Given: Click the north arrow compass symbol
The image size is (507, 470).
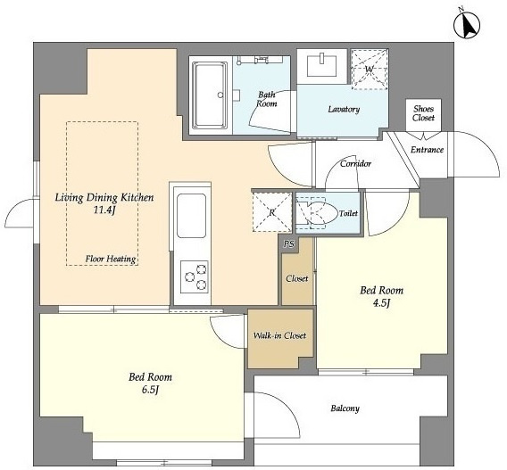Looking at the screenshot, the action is pos(467,25).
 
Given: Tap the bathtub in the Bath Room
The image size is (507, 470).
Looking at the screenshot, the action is pos(210,95).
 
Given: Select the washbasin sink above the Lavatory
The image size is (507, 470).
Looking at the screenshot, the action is pos(321,64).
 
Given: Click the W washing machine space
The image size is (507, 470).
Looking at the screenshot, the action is pos(370,70).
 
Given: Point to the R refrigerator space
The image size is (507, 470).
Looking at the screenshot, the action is pos(272,212).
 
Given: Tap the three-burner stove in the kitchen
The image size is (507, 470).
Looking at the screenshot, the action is pos(194,276).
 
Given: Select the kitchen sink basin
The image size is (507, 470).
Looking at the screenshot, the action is pos(191,216).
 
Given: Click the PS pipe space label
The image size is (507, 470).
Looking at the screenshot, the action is pos(289,243).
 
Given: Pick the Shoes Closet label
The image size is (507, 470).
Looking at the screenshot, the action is pos(423,113).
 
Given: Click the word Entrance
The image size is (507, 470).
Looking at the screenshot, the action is pos(427,150).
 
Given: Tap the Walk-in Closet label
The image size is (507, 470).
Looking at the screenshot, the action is pos(279,335).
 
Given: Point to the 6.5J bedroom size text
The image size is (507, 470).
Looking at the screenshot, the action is pos(150,391).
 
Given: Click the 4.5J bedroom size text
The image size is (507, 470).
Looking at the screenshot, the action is pos(382,303).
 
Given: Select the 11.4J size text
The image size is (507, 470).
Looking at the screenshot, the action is pos(104,210).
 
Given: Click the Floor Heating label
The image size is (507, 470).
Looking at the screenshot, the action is pos(111,259).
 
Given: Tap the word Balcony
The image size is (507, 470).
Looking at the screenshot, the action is pos(345,408).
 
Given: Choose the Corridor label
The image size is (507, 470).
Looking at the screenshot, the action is pos(355,164).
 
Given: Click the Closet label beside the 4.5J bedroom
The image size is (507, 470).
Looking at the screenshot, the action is pos(297,278).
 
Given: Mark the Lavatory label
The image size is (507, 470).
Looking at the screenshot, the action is pos(344,109).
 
